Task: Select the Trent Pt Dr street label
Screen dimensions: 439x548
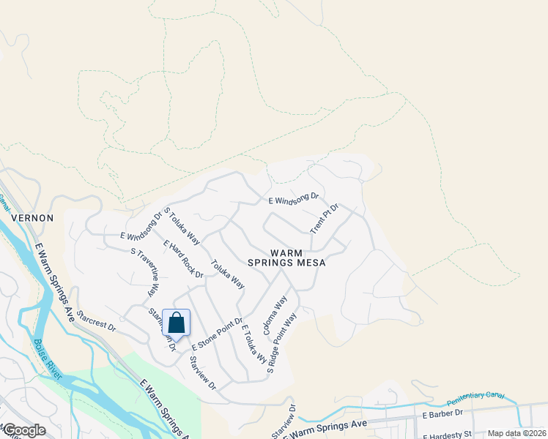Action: click(324, 218)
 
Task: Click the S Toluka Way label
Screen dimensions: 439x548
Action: click(182, 225)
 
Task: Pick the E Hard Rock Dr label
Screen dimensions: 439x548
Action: click(183, 259)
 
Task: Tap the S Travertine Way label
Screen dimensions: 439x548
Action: click(144, 271)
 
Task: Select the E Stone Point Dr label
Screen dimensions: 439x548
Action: click(217, 333)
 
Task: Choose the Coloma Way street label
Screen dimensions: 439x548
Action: click(275, 315)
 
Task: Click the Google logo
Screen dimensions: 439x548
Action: click(24, 430)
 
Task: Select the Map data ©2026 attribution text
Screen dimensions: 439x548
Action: click(516, 433)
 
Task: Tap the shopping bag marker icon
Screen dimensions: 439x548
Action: click(177, 323)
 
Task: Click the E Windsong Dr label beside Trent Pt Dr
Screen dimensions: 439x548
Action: click(294, 198)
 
